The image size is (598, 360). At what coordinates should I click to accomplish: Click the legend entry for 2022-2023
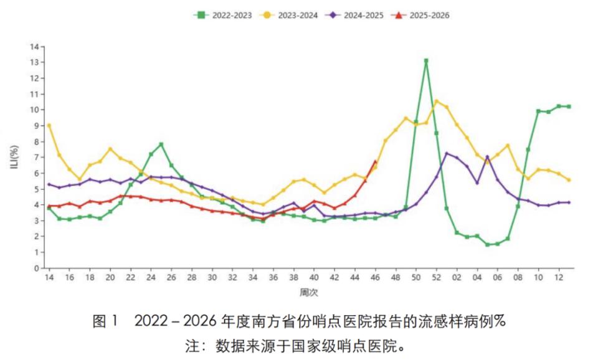[222, 16]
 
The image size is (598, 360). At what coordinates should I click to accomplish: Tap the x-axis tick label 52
[436, 277]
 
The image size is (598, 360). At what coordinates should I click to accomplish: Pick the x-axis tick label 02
[457, 277]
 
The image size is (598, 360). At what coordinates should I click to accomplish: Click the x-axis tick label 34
[253, 277]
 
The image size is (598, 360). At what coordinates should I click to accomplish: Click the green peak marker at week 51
[426, 61]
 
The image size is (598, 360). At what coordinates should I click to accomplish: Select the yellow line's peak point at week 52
[436, 102]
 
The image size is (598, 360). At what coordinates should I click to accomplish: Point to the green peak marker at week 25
[161, 144]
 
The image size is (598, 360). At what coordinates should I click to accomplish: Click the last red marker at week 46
[375, 162]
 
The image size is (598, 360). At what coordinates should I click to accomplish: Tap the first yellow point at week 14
[49, 125]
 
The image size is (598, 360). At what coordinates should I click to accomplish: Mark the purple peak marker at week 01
[447, 153]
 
